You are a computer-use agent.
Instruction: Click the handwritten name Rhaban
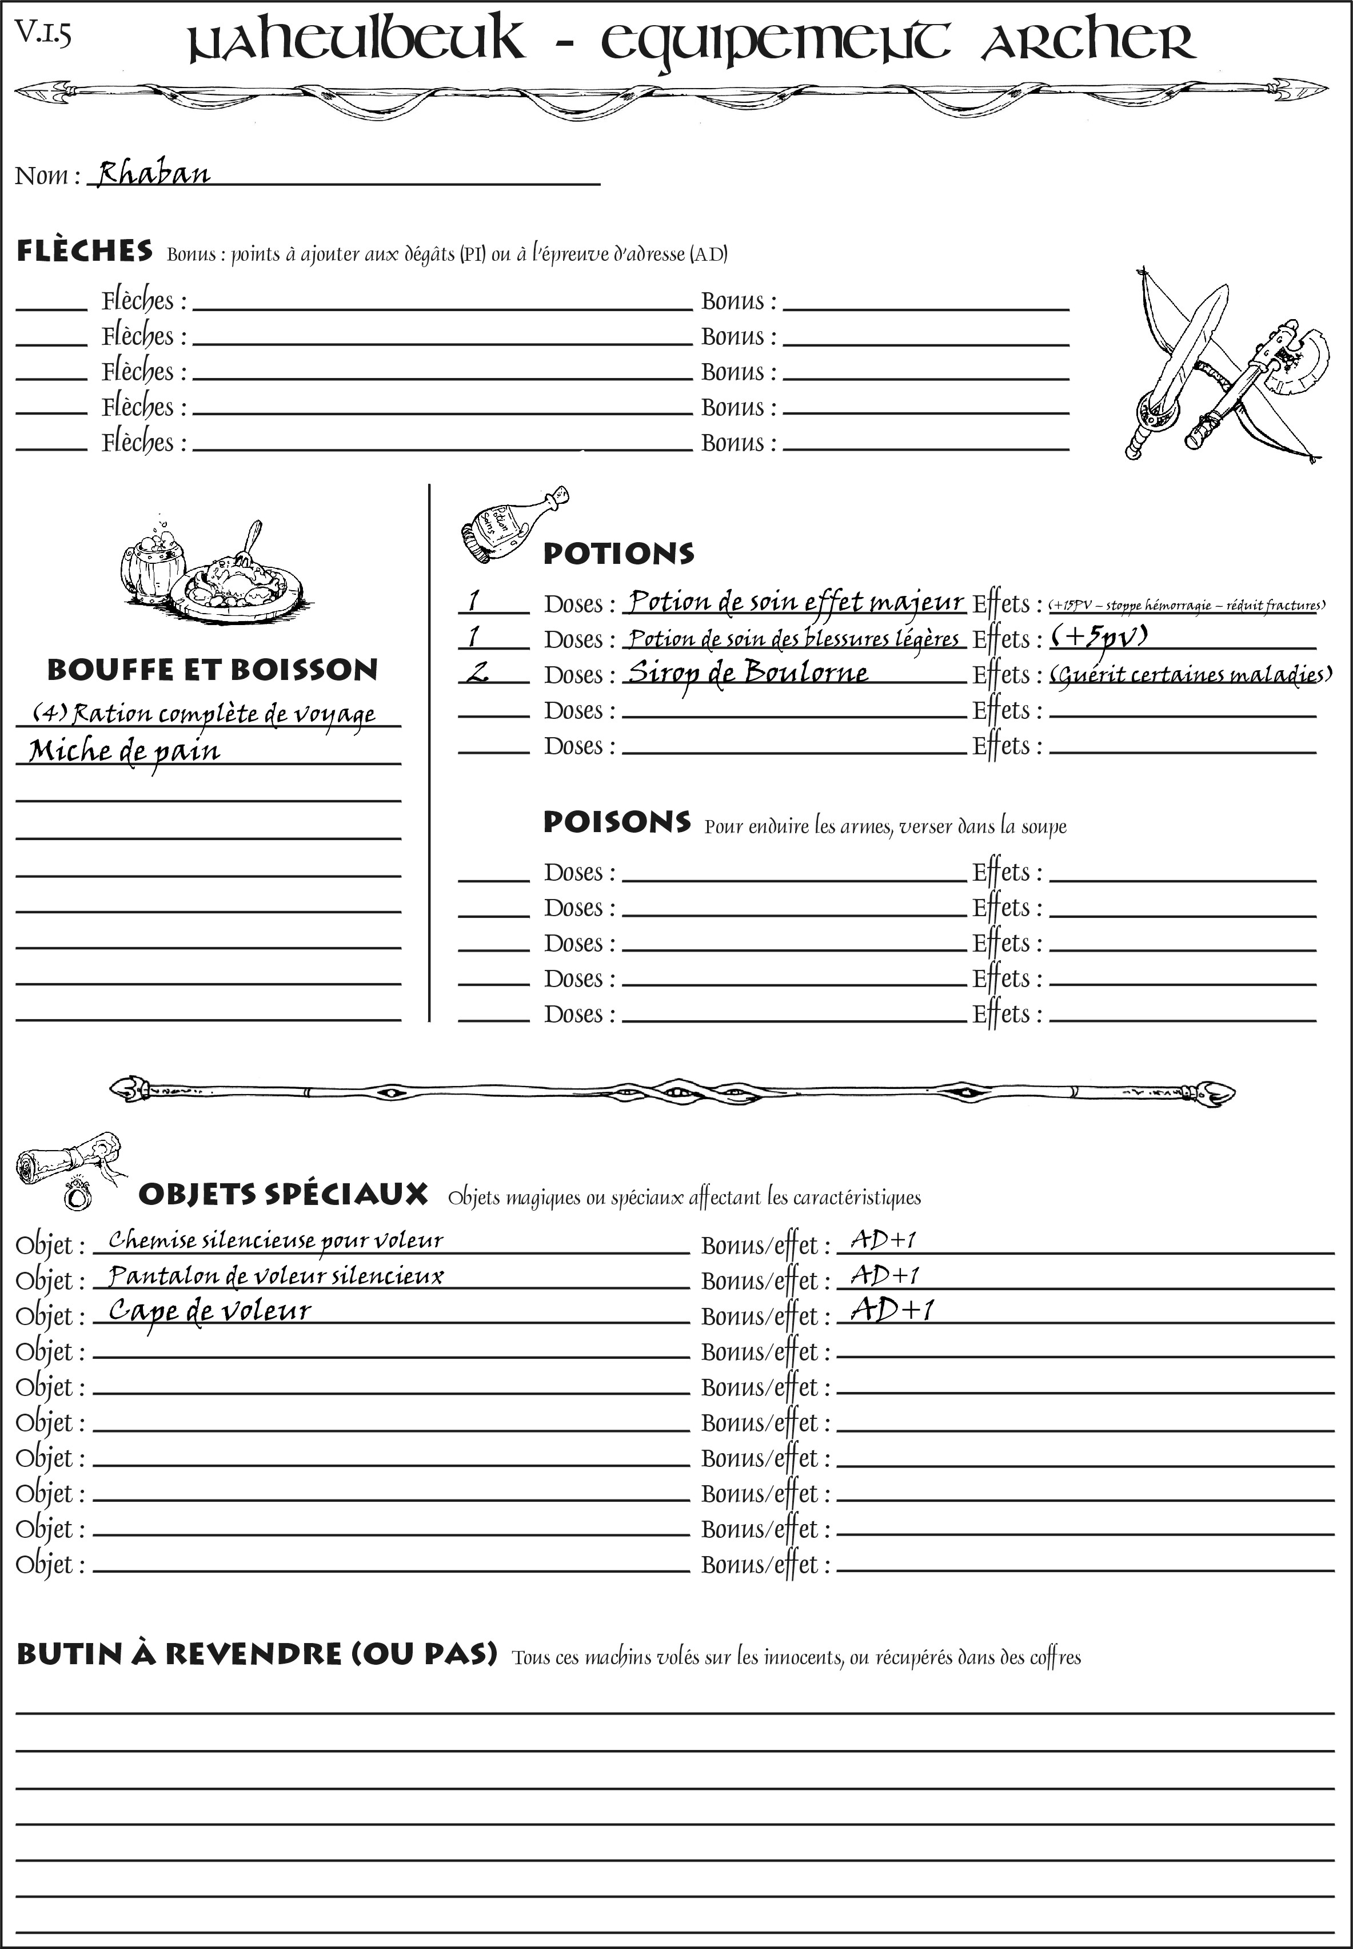click(153, 174)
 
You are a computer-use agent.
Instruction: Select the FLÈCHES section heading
click(85, 251)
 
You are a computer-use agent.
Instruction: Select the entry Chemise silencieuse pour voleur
click(276, 1241)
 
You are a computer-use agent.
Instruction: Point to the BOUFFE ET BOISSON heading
click(212, 670)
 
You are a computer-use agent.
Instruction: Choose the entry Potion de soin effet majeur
click(795, 602)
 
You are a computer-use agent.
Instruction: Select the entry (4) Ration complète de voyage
click(203, 714)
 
